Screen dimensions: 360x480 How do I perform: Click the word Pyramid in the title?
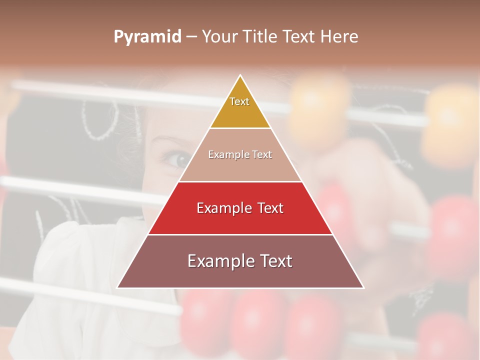147,37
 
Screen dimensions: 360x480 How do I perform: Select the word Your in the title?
218,37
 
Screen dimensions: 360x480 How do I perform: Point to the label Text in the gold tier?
239,101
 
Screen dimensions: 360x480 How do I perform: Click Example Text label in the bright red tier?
240,208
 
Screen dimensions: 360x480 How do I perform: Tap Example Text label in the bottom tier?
240,261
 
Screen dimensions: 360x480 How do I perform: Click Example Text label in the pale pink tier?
240,154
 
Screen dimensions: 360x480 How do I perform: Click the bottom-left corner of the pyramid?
117,287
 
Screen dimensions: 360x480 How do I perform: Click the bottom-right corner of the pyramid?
363,287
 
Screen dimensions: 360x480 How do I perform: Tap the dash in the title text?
191,37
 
